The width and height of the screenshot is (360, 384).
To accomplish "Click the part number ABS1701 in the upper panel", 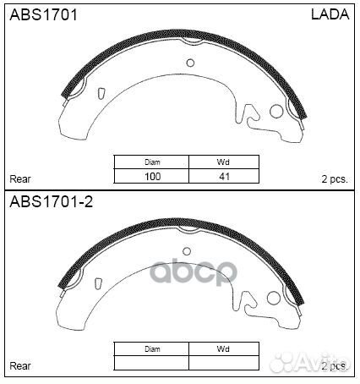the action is click(x=43, y=14).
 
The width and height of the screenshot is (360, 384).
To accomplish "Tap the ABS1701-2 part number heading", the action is click(x=52, y=202).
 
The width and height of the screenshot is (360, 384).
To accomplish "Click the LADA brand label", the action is click(x=330, y=14).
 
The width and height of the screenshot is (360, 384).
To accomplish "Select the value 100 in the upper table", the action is click(x=152, y=177).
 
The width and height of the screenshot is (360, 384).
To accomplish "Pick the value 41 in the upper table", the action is click(x=224, y=177).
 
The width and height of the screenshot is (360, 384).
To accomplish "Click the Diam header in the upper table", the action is click(x=152, y=162).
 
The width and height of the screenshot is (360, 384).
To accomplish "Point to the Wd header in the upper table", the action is click(x=223, y=162).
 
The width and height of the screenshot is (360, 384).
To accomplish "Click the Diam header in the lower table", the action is click(x=152, y=349).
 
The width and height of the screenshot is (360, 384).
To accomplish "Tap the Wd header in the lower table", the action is click(x=223, y=349).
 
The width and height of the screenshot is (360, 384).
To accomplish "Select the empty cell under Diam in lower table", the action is click(x=151, y=363).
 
